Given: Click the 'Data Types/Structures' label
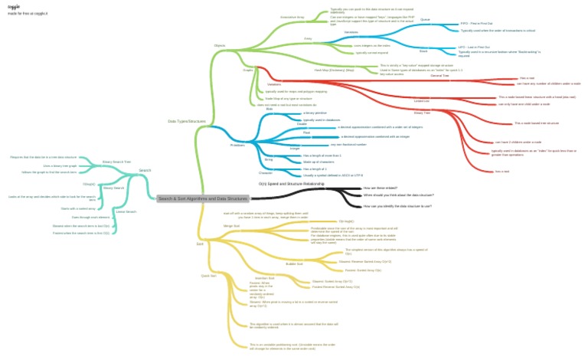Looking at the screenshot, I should [x=187, y=121].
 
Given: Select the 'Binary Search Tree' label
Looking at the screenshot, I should [x=116, y=162].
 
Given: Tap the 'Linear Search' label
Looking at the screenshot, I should [x=125, y=211].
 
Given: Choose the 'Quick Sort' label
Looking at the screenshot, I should [x=208, y=274].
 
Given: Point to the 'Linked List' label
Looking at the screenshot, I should [x=421, y=101].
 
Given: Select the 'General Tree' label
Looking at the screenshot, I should [x=439, y=75].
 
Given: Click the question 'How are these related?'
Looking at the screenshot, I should [x=381, y=188].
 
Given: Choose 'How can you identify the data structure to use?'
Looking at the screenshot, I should [x=397, y=206].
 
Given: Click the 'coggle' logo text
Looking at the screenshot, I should [x=14, y=5].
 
